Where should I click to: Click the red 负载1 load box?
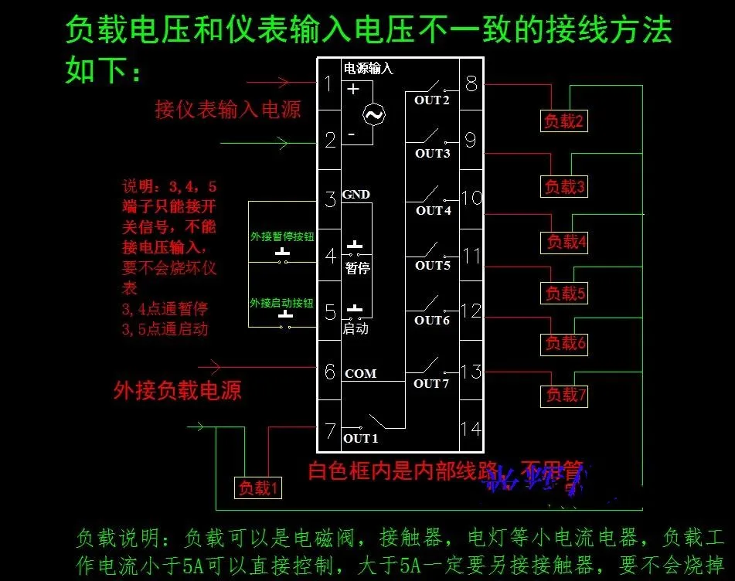pos(258,488)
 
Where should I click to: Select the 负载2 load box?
pos(563,121)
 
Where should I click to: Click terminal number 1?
pos(329,83)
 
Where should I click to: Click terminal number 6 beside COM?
pos(330,372)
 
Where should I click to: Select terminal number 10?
pos(471,199)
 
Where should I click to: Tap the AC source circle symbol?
pos(374,115)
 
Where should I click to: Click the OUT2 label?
pos(431,100)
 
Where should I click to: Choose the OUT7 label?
pos(431,383)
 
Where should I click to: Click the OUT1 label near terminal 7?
pos(360,438)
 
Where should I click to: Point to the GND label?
pos(356,194)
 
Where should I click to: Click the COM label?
pos(360,374)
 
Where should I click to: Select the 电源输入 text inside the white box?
pos(368,69)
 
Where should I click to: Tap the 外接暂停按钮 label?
pos(281,236)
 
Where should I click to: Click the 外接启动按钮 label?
pos(281,302)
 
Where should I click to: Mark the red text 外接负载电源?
pos(177,389)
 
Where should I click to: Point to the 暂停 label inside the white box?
pos(357,268)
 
